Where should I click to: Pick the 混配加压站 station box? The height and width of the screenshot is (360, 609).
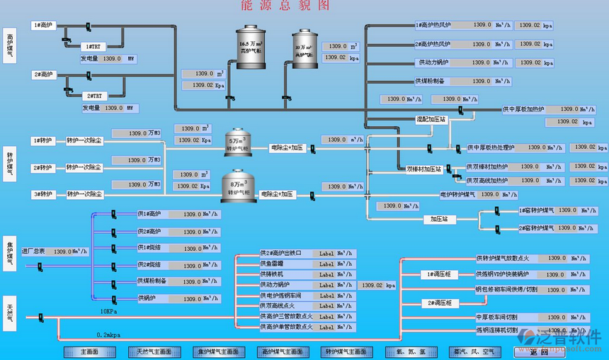point(431,120)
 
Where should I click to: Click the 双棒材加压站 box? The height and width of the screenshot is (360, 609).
point(424,169)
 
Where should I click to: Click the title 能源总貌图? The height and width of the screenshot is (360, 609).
point(285,6)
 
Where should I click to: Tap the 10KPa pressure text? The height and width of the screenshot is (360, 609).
point(108,311)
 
